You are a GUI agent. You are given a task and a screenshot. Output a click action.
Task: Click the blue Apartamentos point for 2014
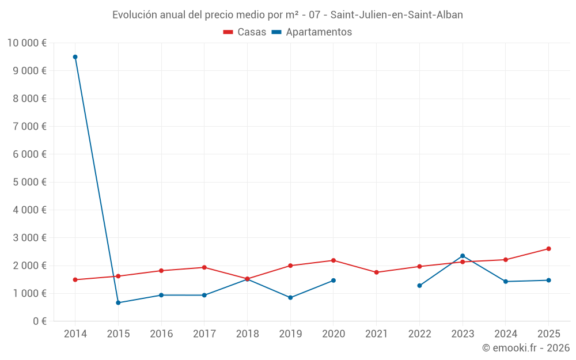point(75,57)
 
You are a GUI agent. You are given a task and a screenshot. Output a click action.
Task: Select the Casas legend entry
point(245,32)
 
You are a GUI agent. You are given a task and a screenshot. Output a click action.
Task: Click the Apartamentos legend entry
point(312,32)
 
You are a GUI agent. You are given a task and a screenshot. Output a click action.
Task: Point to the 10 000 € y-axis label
point(26,43)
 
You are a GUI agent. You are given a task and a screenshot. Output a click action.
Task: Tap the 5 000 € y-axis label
point(29,182)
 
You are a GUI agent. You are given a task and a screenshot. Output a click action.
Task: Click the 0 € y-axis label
point(39,321)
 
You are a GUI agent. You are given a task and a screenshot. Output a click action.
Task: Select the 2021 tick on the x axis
point(376,334)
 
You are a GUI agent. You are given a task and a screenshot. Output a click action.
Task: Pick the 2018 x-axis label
point(247,334)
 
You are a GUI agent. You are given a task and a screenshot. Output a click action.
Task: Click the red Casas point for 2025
point(548,249)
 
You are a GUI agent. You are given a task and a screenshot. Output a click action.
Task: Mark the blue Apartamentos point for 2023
point(463,256)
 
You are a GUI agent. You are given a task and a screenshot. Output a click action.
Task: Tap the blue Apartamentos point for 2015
point(118,302)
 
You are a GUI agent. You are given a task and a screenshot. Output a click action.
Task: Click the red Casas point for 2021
point(376,272)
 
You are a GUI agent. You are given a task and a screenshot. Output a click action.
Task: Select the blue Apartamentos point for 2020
point(333,281)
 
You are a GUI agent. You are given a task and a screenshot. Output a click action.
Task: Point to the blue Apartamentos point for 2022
point(419,286)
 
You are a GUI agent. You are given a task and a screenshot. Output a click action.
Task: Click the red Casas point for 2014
point(75,280)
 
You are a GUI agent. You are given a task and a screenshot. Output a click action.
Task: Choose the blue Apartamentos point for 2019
point(290,298)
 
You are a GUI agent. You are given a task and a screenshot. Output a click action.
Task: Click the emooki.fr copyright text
point(525,348)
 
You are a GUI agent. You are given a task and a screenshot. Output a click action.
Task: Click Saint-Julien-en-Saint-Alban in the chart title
point(396,15)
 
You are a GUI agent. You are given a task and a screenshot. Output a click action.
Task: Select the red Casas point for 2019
point(290,266)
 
